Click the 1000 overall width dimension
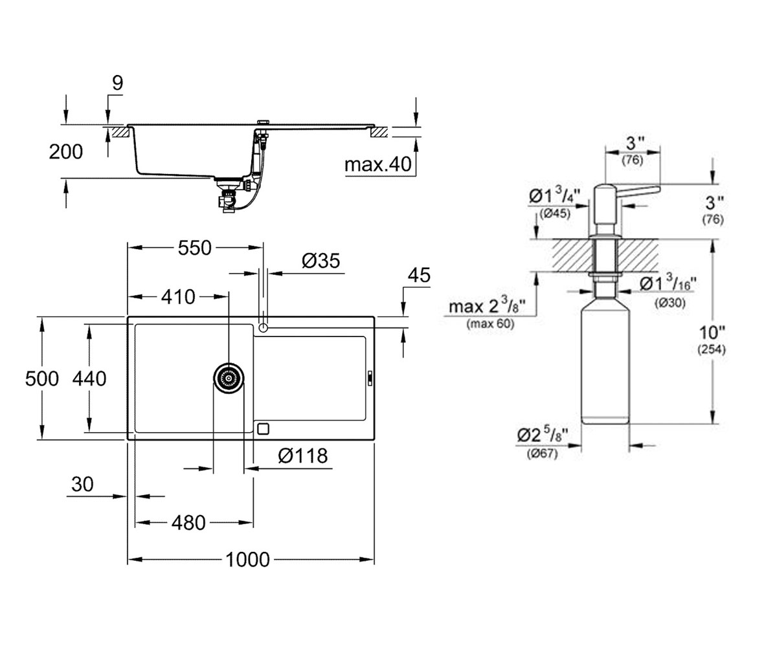point(247,559)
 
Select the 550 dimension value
point(195,248)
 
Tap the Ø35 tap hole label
point(321,261)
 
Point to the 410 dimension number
point(178,297)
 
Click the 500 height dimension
point(41,379)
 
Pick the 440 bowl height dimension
point(89,379)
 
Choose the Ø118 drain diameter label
point(303,455)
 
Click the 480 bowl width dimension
point(188,523)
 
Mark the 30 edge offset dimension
point(82,484)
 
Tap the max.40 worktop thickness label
point(378,164)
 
